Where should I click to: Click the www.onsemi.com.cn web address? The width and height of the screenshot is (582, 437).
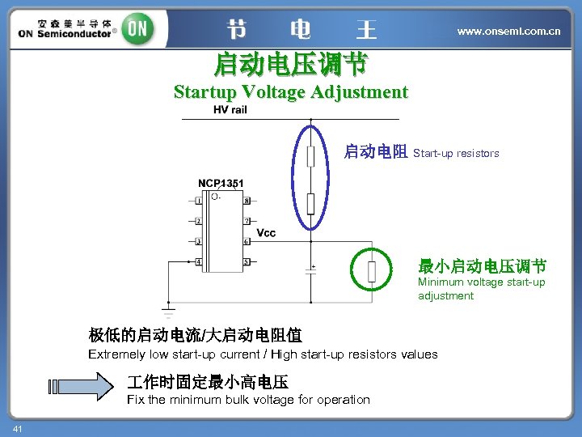click(508, 31)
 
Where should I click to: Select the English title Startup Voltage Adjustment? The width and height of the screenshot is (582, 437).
click(291, 91)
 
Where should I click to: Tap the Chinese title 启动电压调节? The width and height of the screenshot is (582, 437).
click(291, 63)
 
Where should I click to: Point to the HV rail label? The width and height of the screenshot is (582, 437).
click(230, 110)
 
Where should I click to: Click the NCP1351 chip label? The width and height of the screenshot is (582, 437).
click(221, 184)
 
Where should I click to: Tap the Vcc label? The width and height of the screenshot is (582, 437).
click(266, 233)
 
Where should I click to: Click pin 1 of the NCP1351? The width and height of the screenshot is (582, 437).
click(199, 201)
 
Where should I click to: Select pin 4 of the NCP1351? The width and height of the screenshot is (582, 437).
click(199, 262)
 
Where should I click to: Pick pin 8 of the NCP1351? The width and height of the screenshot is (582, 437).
click(247, 201)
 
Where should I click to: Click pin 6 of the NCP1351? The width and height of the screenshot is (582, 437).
click(247, 241)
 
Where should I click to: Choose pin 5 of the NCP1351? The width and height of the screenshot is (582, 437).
click(247, 262)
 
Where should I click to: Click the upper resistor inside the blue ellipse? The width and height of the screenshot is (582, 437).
click(310, 155)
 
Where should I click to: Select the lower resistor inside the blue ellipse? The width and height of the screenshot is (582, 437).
click(310, 203)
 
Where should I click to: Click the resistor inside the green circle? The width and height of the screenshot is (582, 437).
click(372, 272)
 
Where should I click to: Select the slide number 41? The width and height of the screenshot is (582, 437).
click(17, 427)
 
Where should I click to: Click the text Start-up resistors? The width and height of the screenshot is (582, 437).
click(456, 153)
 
